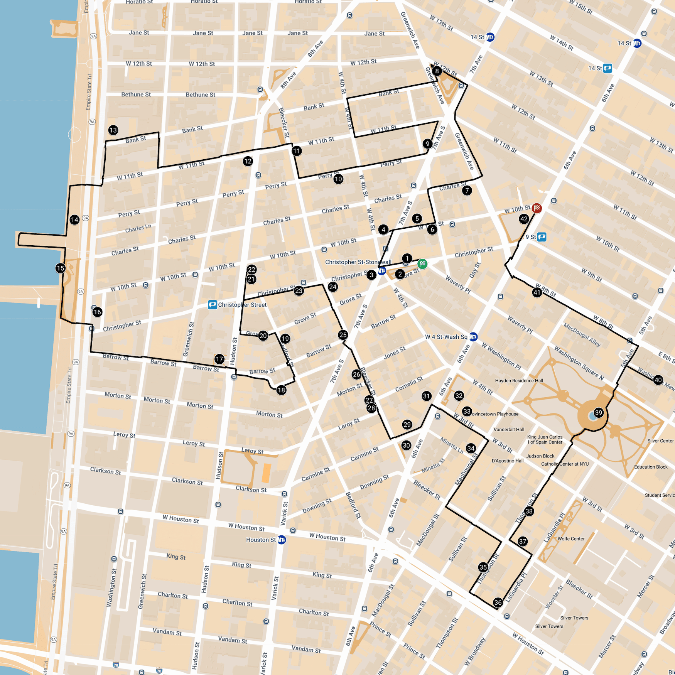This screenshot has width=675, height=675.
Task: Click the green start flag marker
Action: click(x=422, y=264)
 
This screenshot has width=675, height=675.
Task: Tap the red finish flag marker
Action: click(x=537, y=208)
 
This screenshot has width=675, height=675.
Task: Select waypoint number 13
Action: click(x=113, y=130)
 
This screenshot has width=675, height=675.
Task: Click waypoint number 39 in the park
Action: click(x=598, y=413)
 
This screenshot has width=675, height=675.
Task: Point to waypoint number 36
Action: click(x=498, y=602)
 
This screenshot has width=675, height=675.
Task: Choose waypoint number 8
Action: click(x=437, y=71)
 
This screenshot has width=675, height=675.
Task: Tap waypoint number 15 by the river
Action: click(x=60, y=268)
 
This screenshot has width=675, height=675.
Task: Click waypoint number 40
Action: click(x=658, y=380)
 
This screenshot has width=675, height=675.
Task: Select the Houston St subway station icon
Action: click(x=282, y=540)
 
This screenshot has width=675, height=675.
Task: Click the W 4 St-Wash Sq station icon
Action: click(x=473, y=337)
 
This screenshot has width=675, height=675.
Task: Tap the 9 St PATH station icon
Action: click(x=542, y=237)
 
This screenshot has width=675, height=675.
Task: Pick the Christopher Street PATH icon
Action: click(x=212, y=305)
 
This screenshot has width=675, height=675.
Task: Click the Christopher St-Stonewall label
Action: click(x=358, y=262)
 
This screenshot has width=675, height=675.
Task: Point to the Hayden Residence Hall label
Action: click(x=519, y=381)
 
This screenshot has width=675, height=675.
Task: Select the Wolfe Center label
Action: click(x=571, y=539)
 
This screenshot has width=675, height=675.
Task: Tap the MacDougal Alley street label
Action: click(x=582, y=334)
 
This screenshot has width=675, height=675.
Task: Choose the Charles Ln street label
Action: click(x=138, y=228)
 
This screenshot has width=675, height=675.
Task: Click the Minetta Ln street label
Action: click(x=452, y=445)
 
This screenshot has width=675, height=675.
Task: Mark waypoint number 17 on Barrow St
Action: click(x=219, y=359)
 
